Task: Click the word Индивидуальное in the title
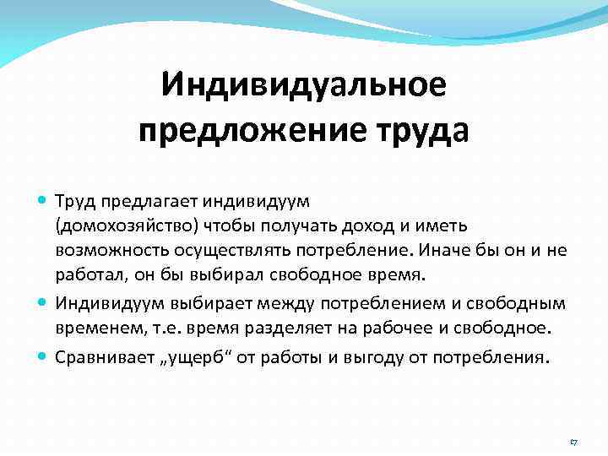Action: coord(303,85)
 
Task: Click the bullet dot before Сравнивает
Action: coord(43,356)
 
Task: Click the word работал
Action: coord(87,275)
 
